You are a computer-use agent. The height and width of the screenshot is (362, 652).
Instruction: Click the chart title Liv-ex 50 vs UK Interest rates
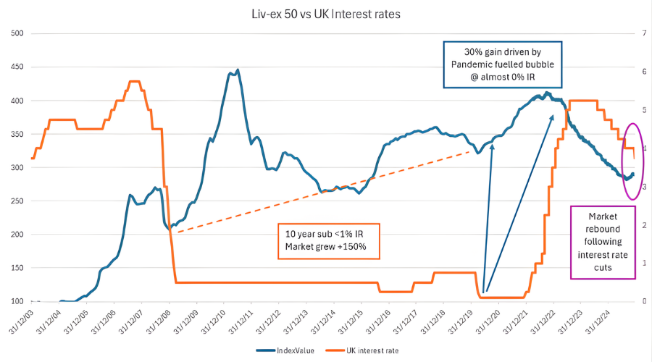click(325, 14)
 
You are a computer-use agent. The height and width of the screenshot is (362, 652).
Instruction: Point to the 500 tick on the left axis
click(17, 33)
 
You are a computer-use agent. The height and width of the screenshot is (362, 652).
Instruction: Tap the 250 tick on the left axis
click(17, 201)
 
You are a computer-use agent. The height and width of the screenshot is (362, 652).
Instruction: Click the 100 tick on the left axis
click(17, 301)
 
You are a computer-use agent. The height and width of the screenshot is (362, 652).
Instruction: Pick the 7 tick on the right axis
click(635, 33)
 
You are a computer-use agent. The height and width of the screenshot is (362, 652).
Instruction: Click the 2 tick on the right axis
click(635, 225)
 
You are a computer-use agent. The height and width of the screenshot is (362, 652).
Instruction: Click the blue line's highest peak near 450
click(238, 70)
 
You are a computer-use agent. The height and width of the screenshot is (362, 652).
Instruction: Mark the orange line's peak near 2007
click(134, 81)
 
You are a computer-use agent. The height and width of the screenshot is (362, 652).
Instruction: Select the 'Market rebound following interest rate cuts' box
click(603, 242)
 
